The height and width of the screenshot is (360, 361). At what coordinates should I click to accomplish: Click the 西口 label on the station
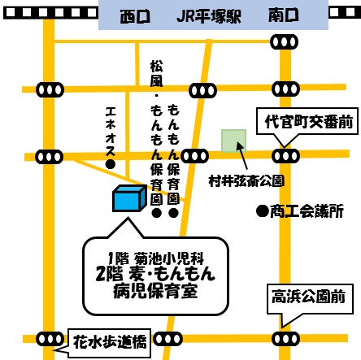pyautogui.click(x=135, y=16)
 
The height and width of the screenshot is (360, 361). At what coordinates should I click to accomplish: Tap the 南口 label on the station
pyautogui.click(x=284, y=15)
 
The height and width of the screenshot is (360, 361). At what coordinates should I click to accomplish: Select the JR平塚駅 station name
pyautogui.click(x=209, y=16)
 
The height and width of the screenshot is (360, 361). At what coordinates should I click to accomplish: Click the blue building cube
pyautogui.click(x=129, y=198)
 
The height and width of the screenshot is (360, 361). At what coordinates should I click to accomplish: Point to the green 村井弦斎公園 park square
pyautogui.click(x=233, y=141)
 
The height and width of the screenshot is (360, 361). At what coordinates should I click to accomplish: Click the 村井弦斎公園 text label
pyautogui.click(x=246, y=181)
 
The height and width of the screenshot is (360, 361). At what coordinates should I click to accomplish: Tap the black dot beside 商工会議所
pyautogui.click(x=263, y=211)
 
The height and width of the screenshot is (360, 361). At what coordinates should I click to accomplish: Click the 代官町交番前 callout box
pyautogui.click(x=307, y=121)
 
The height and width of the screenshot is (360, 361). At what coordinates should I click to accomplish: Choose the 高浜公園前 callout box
pyautogui.click(x=310, y=299)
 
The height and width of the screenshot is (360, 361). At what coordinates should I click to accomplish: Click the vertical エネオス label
pyautogui.click(x=111, y=132)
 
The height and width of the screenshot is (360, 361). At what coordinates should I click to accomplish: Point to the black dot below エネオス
pyautogui.click(x=111, y=164)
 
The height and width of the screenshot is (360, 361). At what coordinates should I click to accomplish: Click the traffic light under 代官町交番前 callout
pyautogui.click(x=285, y=156)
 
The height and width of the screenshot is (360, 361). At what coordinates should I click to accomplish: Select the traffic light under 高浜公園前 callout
pyautogui.click(x=285, y=339)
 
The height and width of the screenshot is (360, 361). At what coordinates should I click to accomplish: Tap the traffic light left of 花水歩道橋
pyautogui.click(x=50, y=339)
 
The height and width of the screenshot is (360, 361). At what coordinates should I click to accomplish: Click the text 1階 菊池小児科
pyautogui.click(x=155, y=258)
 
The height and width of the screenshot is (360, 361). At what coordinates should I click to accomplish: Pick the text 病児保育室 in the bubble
pyautogui.click(x=155, y=291)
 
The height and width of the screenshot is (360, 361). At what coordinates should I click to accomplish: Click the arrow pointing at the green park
pyautogui.click(x=241, y=156)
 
